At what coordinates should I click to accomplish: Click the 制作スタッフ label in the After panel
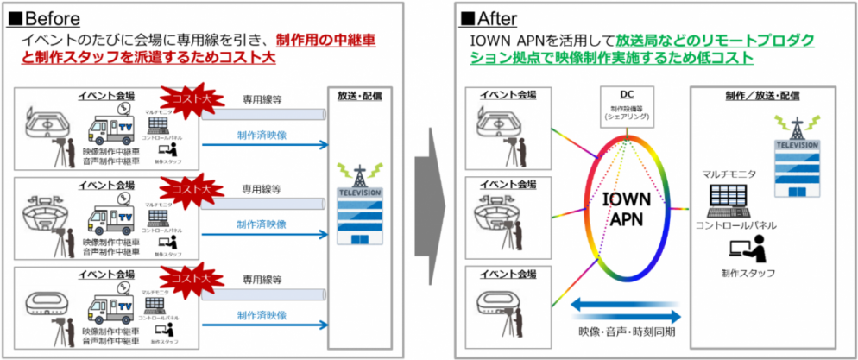point(748,273)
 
